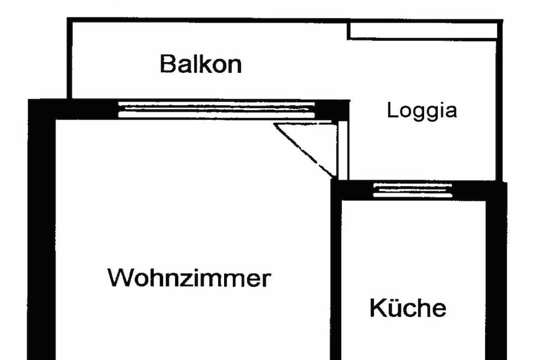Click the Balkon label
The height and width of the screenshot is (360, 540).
(201, 64)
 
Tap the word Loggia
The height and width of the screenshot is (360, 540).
(422, 111)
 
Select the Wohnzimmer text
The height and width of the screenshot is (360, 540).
(189, 277)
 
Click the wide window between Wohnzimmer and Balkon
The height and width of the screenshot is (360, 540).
(216, 110)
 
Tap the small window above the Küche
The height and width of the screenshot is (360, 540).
(412, 190)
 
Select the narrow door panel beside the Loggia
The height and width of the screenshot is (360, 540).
(343, 150)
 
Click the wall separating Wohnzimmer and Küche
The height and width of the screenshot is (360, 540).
(336, 270)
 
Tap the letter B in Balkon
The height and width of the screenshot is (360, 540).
(167, 64)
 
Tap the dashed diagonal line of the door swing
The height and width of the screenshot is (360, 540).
(304, 150)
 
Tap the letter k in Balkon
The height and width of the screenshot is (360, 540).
(205, 64)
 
